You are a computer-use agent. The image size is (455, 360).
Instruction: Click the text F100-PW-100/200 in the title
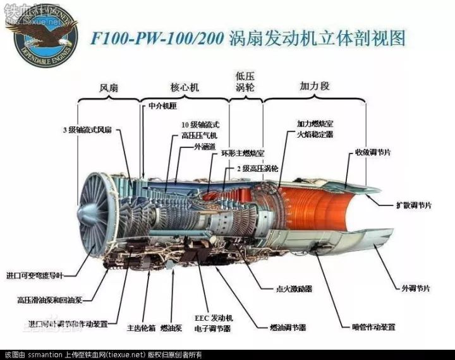157,38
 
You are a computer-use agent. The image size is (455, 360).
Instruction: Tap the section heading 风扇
109,88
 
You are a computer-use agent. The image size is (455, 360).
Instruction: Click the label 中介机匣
162,106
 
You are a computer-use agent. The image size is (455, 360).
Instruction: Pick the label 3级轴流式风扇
87,129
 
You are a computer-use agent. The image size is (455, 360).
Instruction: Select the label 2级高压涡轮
257,169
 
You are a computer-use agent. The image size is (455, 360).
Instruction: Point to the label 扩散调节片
414,206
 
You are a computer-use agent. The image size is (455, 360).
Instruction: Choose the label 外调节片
416,288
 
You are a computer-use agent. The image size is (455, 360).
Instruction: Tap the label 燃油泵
171,328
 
